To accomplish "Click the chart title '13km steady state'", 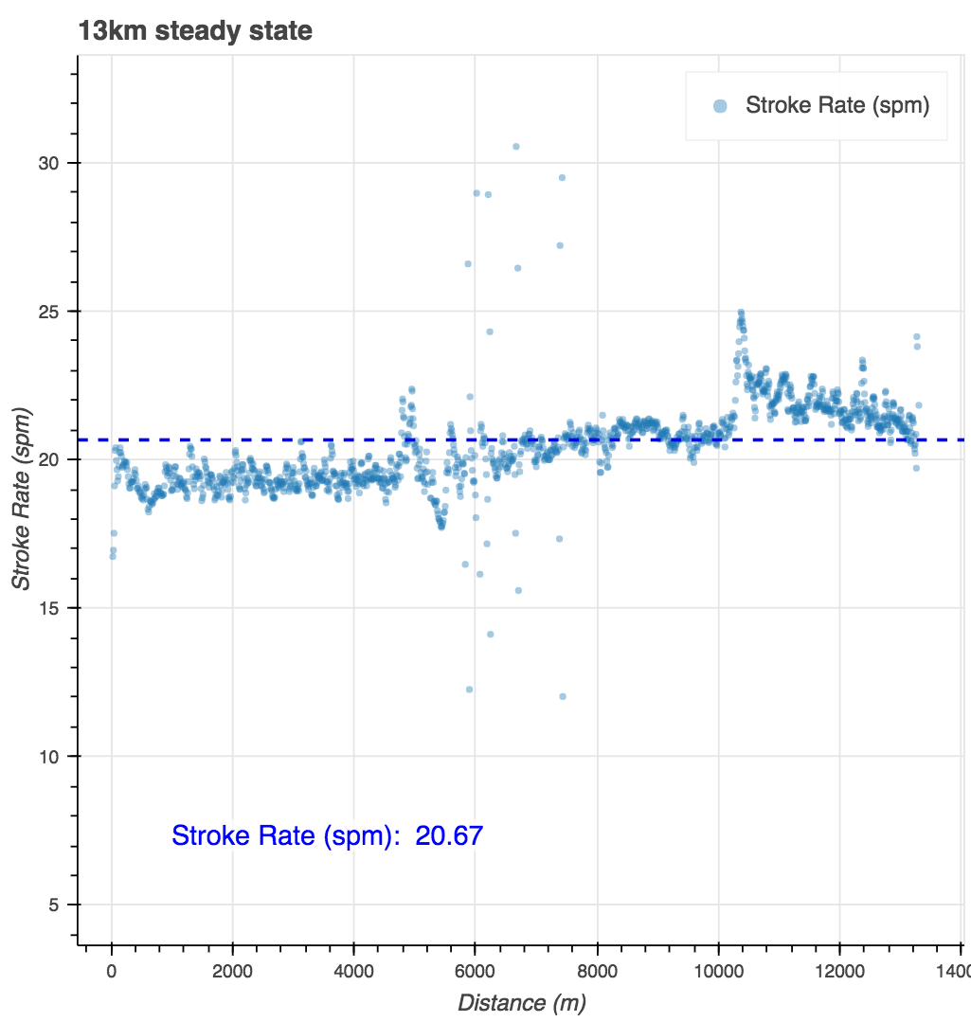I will (195, 31).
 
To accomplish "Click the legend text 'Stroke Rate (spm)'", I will (837, 105).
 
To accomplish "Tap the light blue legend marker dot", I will (720, 106).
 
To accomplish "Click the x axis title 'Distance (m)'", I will (521, 1003).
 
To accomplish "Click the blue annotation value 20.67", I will (449, 836).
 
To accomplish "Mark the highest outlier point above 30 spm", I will (516, 147).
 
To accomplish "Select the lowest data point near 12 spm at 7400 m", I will (562, 696).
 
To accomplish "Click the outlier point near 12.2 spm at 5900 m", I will (469, 690).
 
